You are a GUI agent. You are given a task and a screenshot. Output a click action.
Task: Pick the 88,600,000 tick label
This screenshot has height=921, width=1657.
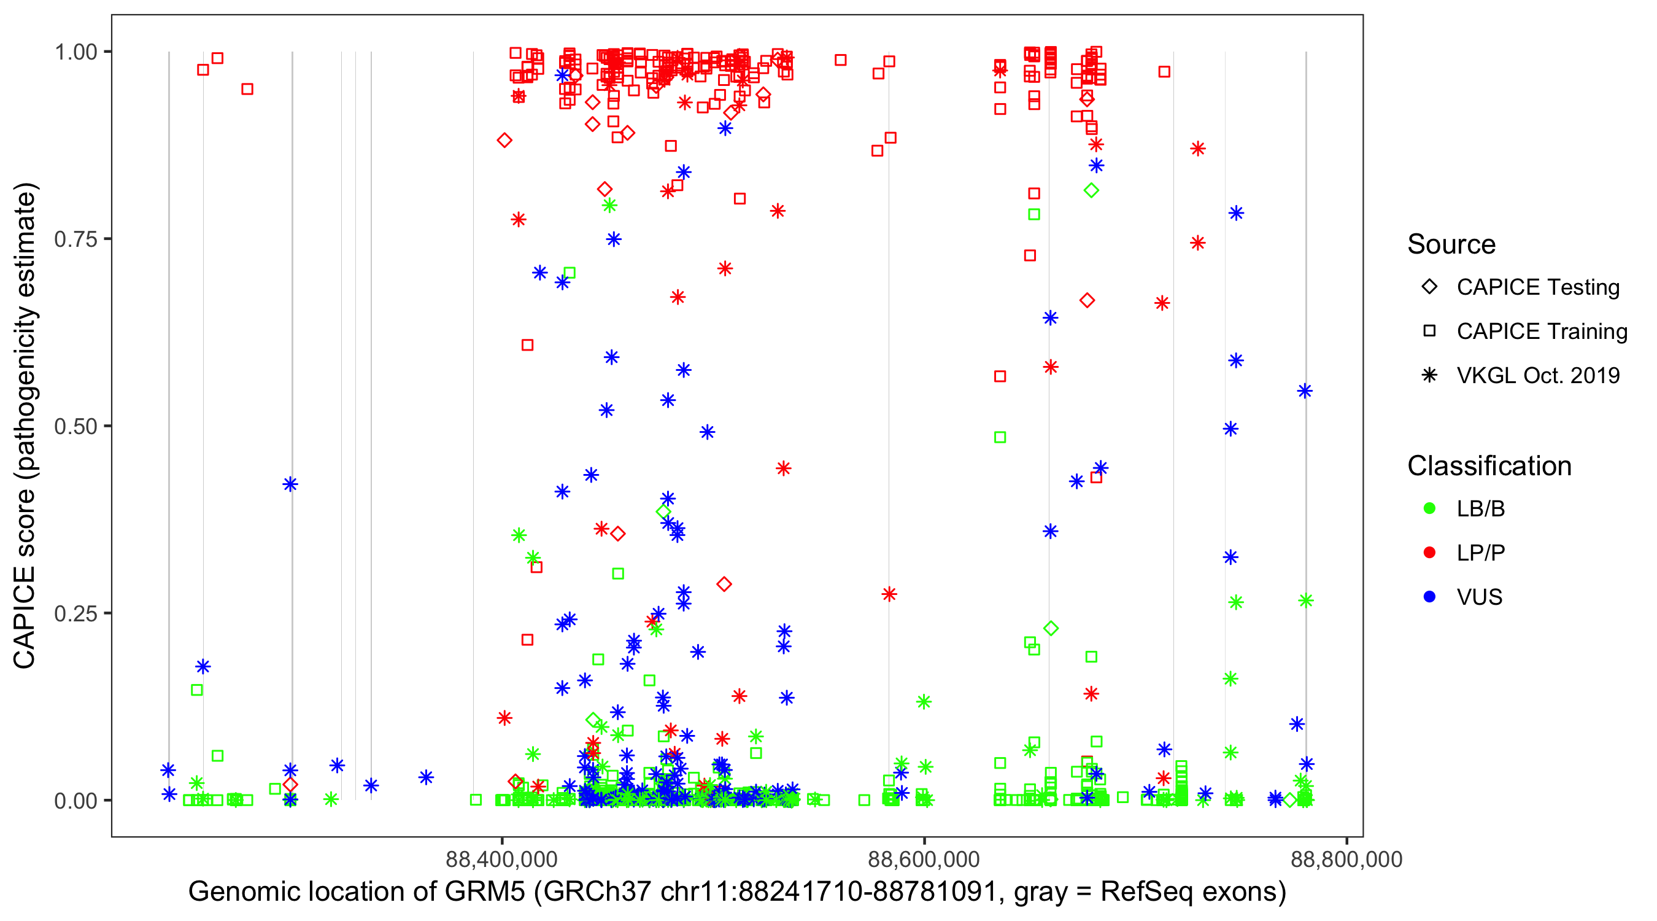(924, 859)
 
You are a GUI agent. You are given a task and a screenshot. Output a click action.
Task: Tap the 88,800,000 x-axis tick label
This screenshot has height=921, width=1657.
(1346, 859)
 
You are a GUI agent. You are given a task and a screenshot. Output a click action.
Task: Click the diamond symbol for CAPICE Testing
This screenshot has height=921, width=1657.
(1429, 287)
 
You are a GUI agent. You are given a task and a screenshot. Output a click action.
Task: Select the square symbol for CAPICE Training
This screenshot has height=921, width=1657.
(1429, 331)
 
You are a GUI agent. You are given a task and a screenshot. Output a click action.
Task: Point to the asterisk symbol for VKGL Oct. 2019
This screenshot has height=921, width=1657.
(1429, 375)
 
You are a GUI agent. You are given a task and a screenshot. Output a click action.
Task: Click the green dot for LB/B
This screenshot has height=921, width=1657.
(1429, 508)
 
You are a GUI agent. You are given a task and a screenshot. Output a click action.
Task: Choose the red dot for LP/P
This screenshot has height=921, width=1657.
(1429, 553)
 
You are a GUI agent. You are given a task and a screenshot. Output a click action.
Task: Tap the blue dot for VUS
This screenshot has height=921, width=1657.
(1429, 597)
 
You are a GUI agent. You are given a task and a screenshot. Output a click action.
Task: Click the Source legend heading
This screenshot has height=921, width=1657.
(1451, 244)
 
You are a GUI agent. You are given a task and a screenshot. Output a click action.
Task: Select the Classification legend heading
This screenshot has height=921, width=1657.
(1489, 466)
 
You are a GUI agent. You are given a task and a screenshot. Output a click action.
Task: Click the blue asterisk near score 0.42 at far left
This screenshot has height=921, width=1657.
(290, 484)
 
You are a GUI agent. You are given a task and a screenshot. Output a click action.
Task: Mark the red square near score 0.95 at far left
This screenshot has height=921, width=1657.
(247, 89)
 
